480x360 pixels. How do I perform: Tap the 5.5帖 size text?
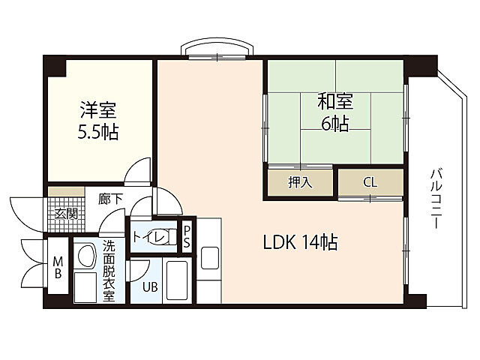coord(98,133)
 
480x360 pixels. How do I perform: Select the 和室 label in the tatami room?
coord(334,101)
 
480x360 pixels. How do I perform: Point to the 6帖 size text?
coord(334,123)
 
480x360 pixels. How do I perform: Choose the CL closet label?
coord(370,182)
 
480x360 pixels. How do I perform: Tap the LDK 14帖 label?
coord(299,242)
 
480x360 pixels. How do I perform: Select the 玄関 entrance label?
coord(65,213)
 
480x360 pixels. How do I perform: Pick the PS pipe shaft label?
coord(187,237)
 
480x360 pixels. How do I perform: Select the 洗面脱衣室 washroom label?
coord(109,270)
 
